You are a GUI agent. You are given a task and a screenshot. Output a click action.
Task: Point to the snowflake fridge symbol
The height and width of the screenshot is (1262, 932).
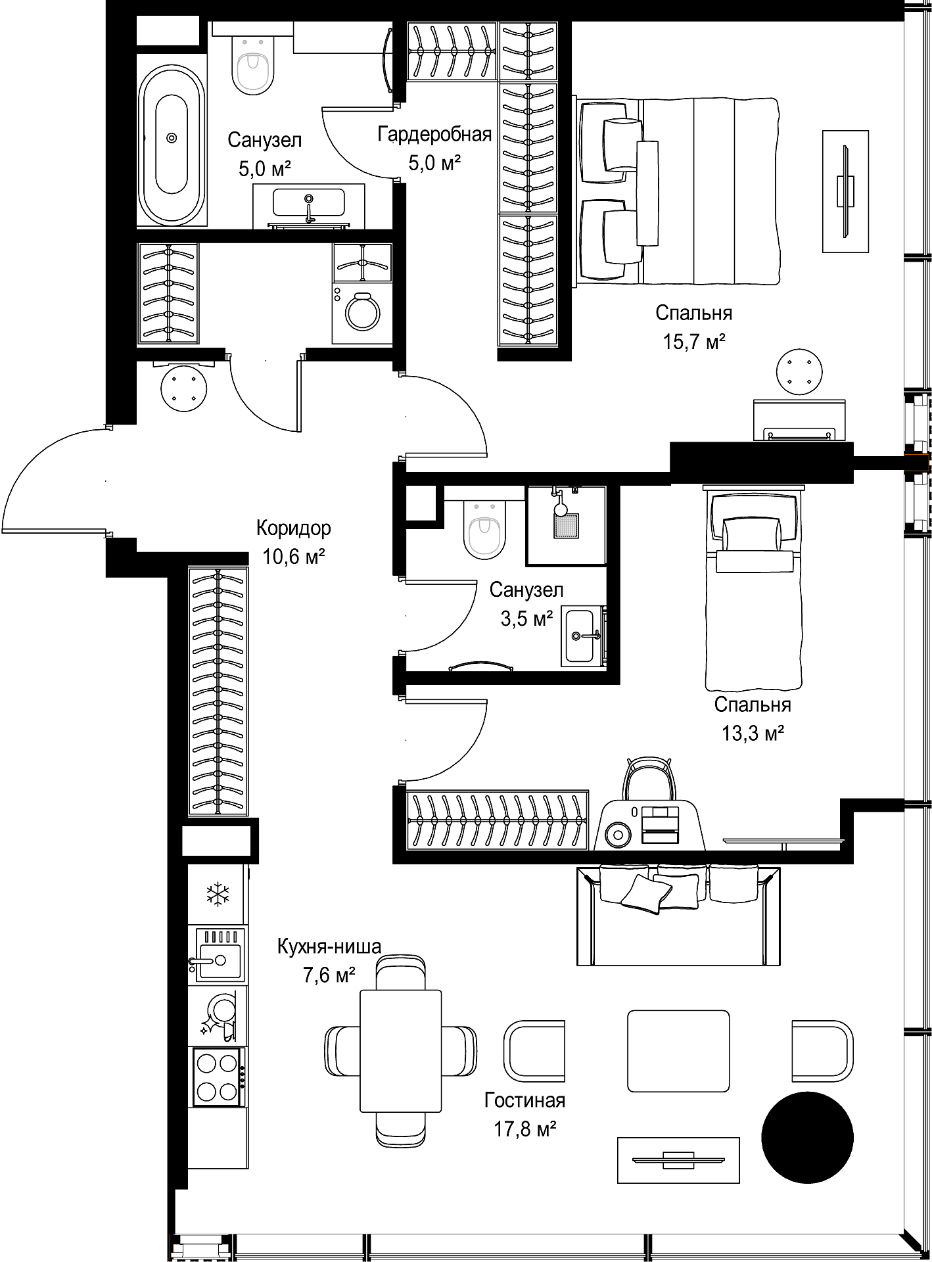pyautogui.click(x=218, y=894)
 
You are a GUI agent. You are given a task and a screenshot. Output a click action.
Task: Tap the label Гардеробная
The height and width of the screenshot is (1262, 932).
pyautogui.click(x=434, y=135)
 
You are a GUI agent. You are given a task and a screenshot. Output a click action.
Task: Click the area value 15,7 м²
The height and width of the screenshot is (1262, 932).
pyautogui.click(x=694, y=342)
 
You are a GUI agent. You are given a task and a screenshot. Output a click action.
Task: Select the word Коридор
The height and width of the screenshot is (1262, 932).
pyautogui.click(x=293, y=528)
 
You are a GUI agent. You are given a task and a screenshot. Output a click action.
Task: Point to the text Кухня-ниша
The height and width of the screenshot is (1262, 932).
pyautogui.click(x=329, y=947)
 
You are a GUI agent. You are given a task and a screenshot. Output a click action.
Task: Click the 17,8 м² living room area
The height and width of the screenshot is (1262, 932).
pyautogui.click(x=525, y=1129)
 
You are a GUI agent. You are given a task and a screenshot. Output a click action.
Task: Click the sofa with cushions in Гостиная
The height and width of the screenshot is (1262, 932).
pyautogui.click(x=678, y=915)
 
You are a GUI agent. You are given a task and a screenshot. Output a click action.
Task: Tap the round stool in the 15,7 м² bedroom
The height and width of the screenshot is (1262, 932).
pyautogui.click(x=799, y=372)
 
